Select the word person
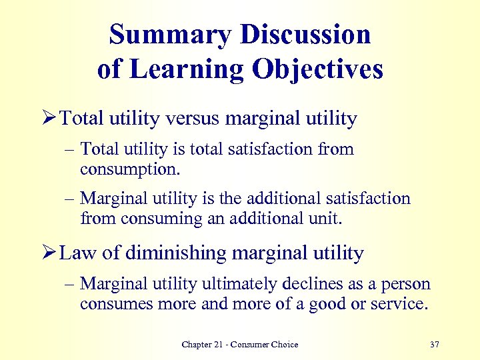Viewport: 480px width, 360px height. pyautogui.click(x=407, y=285)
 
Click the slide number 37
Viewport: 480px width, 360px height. pyautogui.click(x=435, y=345)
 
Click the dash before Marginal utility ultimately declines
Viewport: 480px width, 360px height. pyautogui.click(x=70, y=285)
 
